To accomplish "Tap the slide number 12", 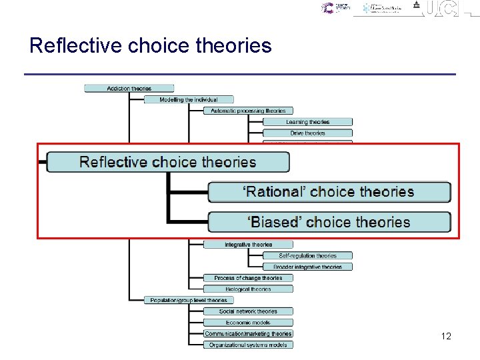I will pyautogui.click(x=446, y=336).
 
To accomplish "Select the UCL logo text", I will pyautogui.click(x=443, y=9).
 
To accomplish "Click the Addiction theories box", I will pyautogui.click(x=129, y=89).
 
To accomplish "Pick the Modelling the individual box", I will pyautogui.click(x=189, y=100).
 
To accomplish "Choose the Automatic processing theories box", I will pyautogui.click(x=248, y=111).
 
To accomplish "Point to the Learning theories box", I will pyautogui.click(x=307, y=122).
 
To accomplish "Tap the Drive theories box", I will pyautogui.click(x=307, y=133).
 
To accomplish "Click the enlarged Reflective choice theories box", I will pyautogui.click(x=168, y=162).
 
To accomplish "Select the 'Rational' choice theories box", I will pyautogui.click(x=329, y=192).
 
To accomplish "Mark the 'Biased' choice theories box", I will pyautogui.click(x=329, y=222).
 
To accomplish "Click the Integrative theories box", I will pyautogui.click(x=248, y=245).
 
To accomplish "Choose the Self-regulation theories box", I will pyautogui.click(x=307, y=256).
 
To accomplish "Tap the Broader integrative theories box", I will pyautogui.click(x=307, y=267).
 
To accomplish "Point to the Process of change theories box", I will pyautogui.click(x=248, y=278).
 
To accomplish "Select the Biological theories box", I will pyautogui.click(x=248, y=289).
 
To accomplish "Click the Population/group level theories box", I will pyautogui.click(x=189, y=301).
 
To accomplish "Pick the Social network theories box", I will pyautogui.click(x=248, y=311).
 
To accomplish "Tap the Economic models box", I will pyautogui.click(x=248, y=323).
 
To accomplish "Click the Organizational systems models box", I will pyautogui.click(x=248, y=345).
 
